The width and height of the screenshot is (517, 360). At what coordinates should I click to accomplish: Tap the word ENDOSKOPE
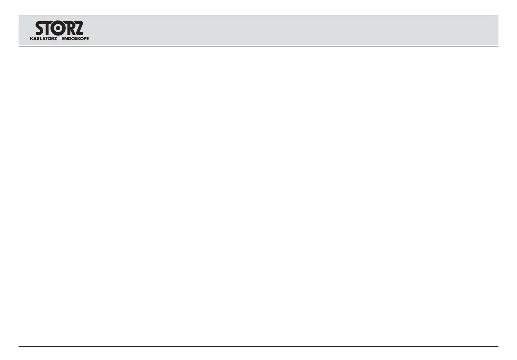click(75, 38)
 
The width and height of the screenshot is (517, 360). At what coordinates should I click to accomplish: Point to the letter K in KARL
click(31, 38)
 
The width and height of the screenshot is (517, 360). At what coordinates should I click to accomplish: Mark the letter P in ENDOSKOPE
click(84, 38)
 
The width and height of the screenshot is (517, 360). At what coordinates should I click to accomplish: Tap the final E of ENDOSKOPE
click(87, 38)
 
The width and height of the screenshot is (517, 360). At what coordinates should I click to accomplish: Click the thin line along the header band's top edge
click(258, 14)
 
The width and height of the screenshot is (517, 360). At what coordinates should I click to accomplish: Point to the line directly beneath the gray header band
click(258, 47)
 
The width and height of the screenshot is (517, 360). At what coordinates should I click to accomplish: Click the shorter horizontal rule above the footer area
click(317, 303)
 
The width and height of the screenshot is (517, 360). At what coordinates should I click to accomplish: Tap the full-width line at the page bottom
click(258, 346)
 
